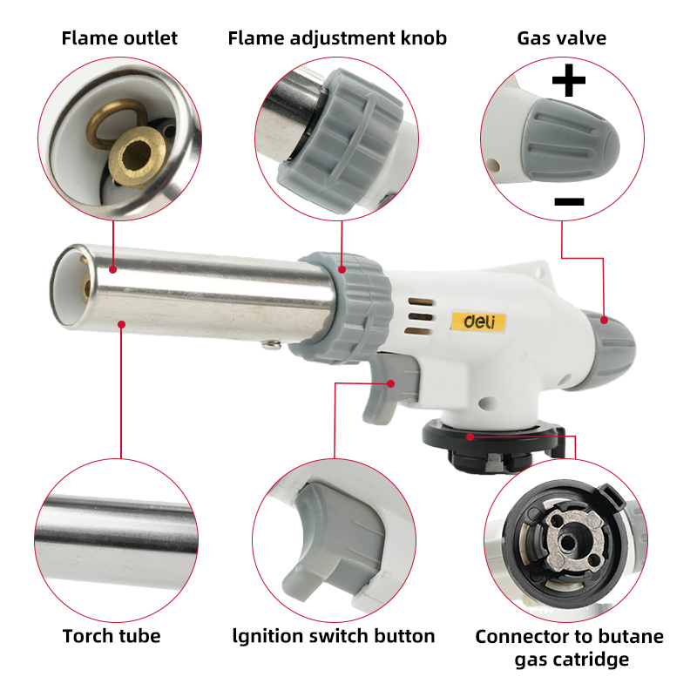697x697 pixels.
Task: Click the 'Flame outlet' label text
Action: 118,38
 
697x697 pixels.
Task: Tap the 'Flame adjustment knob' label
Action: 337,38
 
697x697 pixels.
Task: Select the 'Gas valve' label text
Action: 562,38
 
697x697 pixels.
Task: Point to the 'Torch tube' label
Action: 112,636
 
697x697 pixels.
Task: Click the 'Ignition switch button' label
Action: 335,636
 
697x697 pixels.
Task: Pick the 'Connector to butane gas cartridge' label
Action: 569,647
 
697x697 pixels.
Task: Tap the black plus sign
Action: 569,84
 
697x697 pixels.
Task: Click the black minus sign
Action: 569,202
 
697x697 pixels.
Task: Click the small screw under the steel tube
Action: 269,348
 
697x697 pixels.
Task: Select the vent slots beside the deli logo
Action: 420,315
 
